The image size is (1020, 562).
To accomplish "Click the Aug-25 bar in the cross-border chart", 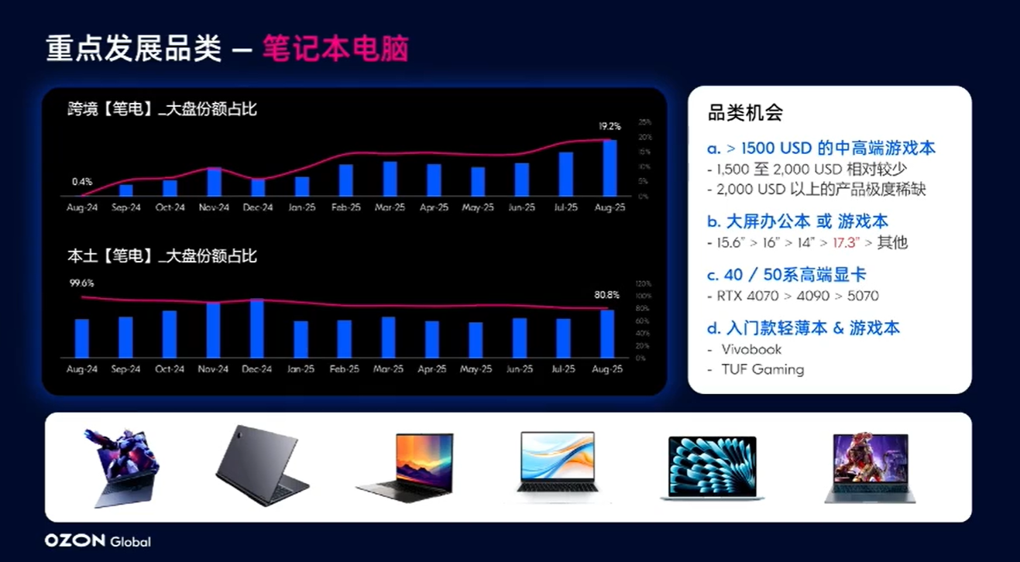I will [x=610, y=168].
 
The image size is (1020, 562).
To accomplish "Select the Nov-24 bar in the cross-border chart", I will [x=215, y=181].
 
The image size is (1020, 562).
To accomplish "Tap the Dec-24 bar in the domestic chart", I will [x=257, y=328].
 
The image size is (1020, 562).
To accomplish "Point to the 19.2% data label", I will [x=610, y=126].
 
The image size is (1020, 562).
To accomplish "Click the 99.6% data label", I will [x=81, y=283].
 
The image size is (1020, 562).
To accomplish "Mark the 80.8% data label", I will [x=606, y=295].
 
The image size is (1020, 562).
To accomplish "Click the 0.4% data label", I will [x=82, y=181].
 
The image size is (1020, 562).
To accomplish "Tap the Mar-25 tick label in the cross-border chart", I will [x=390, y=207].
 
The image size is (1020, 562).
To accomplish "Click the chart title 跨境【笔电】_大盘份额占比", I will [x=162, y=109].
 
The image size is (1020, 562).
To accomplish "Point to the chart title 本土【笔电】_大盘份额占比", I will [x=162, y=255].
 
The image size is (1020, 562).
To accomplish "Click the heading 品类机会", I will [x=745, y=113].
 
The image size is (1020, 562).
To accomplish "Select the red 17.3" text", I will [x=846, y=243].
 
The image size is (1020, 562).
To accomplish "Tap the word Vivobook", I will [x=751, y=349].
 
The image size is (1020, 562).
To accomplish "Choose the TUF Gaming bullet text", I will [x=762, y=369].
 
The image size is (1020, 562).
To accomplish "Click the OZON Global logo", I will [x=98, y=541].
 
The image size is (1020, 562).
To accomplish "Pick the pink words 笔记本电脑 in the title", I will [x=335, y=49].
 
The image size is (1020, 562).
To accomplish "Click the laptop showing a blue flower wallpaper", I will [x=712, y=467].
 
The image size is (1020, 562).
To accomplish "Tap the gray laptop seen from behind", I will [x=261, y=466].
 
